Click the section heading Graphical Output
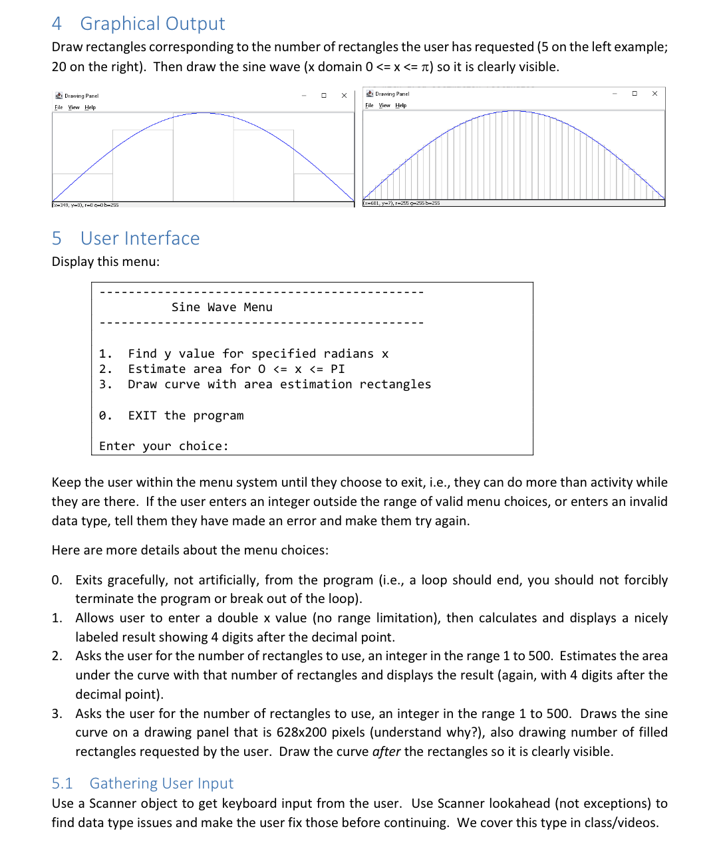[152, 24]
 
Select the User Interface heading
[140, 239]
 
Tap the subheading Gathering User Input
[161, 784]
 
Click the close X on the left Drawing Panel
[344, 96]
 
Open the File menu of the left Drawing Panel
[59, 108]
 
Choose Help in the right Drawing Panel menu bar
[400, 106]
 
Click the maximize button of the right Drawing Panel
[635, 94]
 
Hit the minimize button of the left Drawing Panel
[304, 96]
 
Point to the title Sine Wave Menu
[221, 307]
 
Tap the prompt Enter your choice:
[164, 446]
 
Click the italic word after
[386, 752]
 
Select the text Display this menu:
[106, 262]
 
